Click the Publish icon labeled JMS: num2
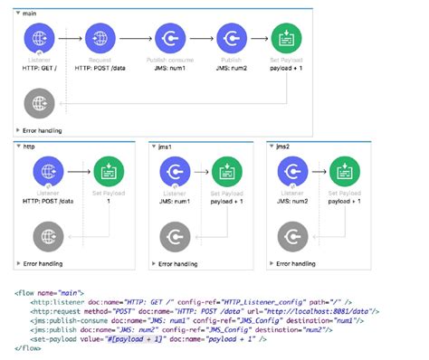(230, 41)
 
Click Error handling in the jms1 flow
(176, 263)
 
